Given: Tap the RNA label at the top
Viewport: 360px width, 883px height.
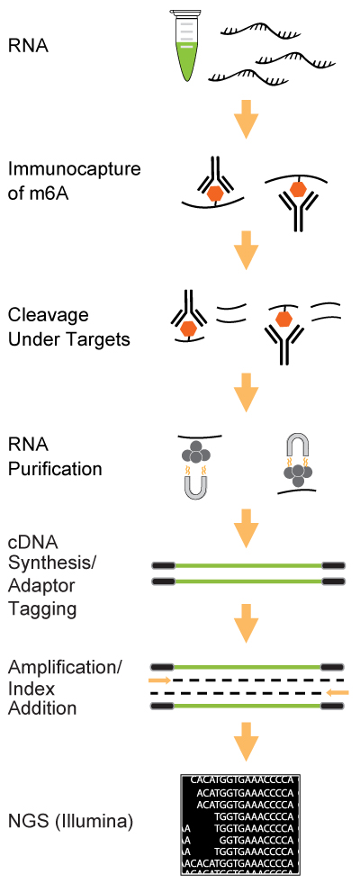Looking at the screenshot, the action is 28,46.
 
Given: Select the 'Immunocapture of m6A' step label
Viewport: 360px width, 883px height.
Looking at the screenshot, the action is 74,178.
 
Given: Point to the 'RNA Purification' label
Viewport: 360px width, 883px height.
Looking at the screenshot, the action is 55,457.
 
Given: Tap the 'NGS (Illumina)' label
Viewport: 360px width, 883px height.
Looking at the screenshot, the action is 70,823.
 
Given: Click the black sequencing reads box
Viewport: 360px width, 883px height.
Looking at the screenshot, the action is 240,825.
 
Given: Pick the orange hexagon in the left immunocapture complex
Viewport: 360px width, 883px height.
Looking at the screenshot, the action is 214,194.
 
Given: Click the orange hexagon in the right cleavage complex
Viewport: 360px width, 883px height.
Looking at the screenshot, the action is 283,320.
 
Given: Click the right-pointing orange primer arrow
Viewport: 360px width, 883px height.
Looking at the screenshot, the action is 160,680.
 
